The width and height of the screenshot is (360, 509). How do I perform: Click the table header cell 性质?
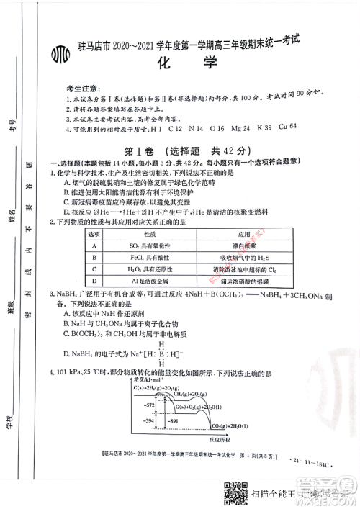(149, 234)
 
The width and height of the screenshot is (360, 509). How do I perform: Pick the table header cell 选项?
(94, 234)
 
